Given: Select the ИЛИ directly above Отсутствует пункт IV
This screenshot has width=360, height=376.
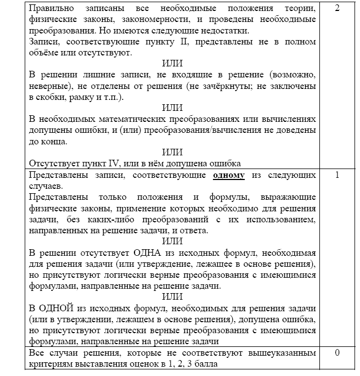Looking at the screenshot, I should coord(173,151).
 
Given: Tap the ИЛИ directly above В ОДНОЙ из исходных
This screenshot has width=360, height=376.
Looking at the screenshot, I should coord(173,296).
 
